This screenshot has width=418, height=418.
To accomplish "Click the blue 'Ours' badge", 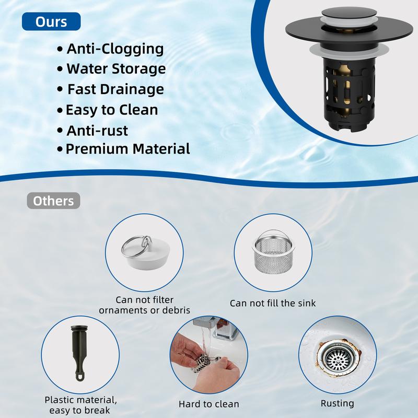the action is click(51, 21).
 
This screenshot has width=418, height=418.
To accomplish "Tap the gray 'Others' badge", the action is click(53, 201).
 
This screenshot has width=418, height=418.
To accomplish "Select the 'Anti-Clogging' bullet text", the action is click(115, 49).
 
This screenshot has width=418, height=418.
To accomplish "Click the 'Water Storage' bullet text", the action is click(116, 69).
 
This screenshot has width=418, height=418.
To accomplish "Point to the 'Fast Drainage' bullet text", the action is click(115, 89).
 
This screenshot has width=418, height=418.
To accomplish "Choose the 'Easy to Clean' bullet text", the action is click(112, 110).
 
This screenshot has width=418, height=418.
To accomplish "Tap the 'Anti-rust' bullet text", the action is click(97, 130).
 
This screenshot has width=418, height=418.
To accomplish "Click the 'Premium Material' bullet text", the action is click(127, 149).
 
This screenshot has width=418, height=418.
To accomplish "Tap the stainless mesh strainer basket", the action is click(274, 252).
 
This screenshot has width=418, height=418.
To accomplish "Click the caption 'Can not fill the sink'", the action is click(273, 303).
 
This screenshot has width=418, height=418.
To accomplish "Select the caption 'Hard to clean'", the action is click(208, 404).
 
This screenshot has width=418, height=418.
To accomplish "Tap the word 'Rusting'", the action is click(337, 403).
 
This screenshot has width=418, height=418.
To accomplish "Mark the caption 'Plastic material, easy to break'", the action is click(80, 405).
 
